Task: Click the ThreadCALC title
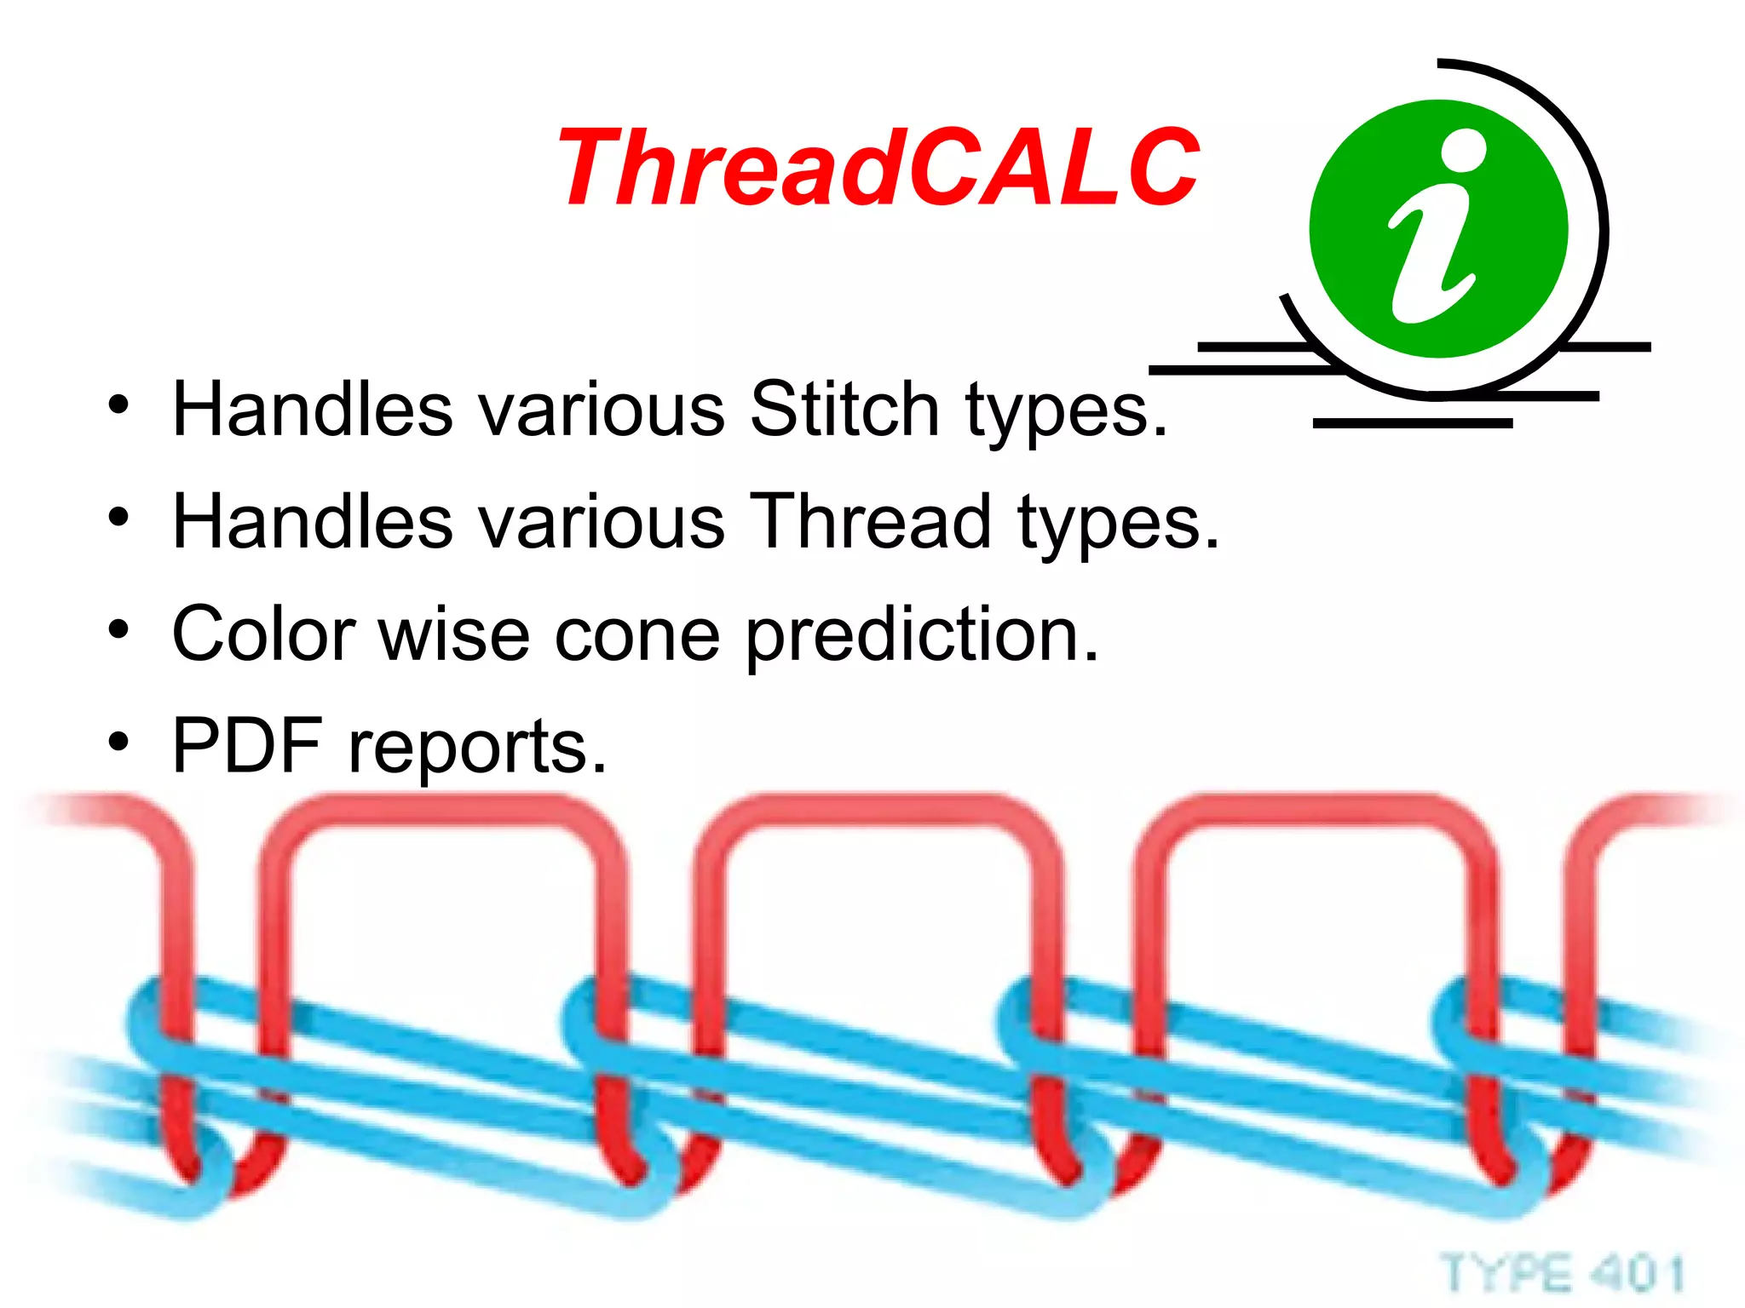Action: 878,168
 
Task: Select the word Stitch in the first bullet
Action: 844,410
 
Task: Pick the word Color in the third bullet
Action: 263,634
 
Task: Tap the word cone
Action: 636,634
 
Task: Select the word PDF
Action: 246,746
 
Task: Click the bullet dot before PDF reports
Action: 118,742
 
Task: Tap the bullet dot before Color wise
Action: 118,629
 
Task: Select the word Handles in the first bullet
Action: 312,410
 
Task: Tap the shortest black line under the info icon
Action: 1412,423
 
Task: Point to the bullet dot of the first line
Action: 118,405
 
